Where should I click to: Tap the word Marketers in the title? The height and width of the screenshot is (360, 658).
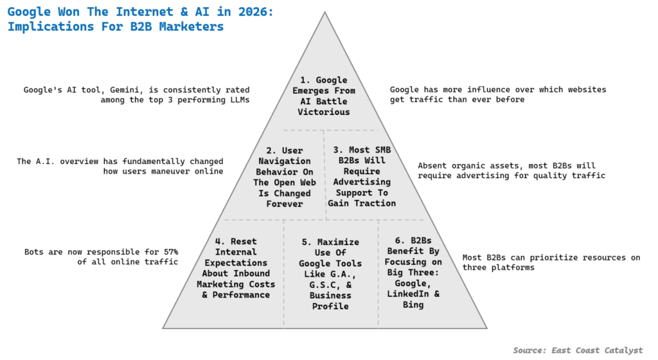[191, 26]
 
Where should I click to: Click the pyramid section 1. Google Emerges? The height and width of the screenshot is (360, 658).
[324, 96]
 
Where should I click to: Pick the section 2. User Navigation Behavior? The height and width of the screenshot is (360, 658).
[285, 177]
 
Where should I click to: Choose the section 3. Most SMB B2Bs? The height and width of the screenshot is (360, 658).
[362, 177]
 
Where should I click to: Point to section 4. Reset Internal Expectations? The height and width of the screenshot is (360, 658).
[236, 268]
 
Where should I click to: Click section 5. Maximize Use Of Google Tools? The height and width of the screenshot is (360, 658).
[330, 274]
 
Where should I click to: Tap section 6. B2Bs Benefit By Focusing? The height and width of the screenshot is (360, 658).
[413, 273]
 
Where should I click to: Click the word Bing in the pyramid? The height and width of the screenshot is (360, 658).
[413, 305]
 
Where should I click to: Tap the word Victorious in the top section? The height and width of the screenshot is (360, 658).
[324, 112]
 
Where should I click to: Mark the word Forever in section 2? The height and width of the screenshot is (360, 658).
[285, 204]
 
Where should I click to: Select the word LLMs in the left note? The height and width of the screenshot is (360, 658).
[240, 100]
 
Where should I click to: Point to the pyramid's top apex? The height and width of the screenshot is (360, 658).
[325, 12]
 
